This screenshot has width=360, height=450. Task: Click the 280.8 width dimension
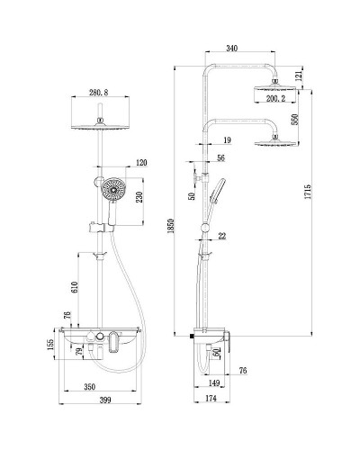point(99,92)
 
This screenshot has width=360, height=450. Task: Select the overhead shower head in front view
point(100,124)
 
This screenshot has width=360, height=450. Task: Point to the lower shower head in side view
point(272,141)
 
